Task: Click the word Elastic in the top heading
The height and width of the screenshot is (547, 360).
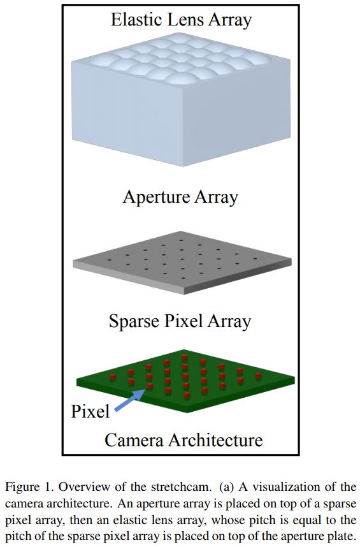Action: click(137, 19)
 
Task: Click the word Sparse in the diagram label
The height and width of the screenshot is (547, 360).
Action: click(134, 321)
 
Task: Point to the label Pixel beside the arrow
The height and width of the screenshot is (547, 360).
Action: click(90, 411)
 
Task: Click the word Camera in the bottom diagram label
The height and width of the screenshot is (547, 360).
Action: click(131, 440)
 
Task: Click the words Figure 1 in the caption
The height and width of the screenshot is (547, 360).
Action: click(26, 487)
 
